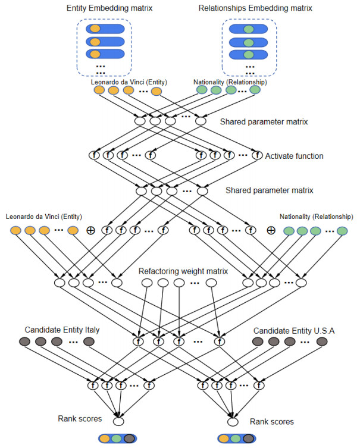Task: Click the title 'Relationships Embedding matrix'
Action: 246,8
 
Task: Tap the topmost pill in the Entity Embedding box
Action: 105,28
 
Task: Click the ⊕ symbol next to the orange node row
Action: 91,231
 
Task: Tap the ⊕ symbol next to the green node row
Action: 270,231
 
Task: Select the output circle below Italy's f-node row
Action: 118,422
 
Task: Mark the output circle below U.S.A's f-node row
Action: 233,422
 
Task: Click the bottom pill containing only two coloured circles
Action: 118,438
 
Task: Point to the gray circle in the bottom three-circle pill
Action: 246,438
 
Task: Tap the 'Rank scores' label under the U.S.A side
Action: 271,421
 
